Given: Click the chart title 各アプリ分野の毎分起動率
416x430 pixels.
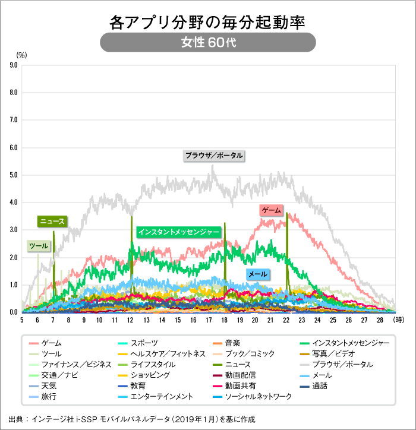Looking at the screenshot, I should point(207,23).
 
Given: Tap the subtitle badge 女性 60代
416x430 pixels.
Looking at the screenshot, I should point(207,43).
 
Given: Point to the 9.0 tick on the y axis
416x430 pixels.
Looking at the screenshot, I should point(12,65).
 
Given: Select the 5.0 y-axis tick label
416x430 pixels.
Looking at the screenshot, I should point(12,175).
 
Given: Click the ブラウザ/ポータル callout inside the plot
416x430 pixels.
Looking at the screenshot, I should point(213,156).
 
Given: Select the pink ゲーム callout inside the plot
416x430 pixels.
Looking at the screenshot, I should point(272,210).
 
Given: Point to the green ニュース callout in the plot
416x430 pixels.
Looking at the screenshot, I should point(52,222).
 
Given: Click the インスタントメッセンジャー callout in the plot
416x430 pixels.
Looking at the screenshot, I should point(178,232).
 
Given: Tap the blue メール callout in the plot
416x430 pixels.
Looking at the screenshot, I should point(257,274).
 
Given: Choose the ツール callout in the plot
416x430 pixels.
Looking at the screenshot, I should point(39,245).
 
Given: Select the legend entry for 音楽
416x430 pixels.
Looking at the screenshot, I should point(232,343).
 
